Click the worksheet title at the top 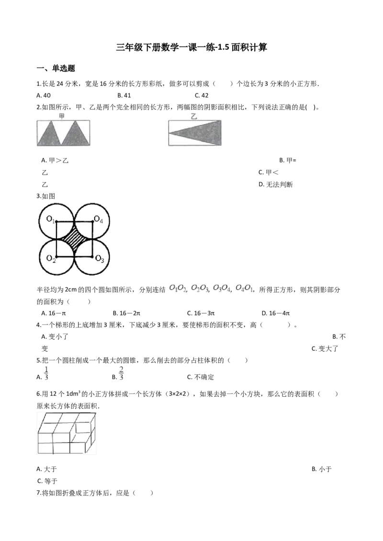point(191,47)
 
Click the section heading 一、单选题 point(56,68)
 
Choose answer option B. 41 point(124,95)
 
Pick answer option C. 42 point(202,95)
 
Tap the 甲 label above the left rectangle point(62,116)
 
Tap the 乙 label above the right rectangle point(194,117)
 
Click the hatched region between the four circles point(74,239)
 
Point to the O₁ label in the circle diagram point(50,219)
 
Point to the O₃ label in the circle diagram point(100,259)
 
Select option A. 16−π point(54,314)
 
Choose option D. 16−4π point(275,314)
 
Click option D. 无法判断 point(275,184)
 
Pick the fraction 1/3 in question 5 point(46,374)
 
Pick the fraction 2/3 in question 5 point(121,374)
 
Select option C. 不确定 point(201,377)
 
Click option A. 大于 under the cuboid point(46,469)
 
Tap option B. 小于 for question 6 point(321,469)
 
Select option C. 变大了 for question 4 point(325,349)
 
